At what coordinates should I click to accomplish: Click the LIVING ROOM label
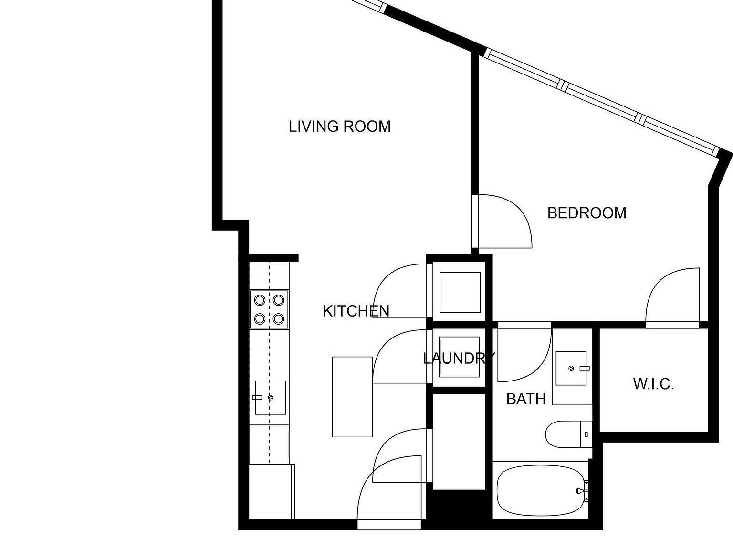339,127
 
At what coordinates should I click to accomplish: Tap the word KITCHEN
356,311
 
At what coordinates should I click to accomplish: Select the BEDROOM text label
586,213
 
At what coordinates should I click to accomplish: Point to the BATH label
525,399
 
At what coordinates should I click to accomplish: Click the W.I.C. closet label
653,384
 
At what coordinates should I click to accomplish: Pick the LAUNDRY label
459,358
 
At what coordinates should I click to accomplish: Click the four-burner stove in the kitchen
269,309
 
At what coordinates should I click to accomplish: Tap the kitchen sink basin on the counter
271,397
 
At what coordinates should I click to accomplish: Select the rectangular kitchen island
352,396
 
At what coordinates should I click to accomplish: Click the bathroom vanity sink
571,368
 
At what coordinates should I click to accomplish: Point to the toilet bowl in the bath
562,434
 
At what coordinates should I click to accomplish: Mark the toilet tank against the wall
586,434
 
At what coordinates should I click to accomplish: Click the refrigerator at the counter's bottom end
271,492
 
